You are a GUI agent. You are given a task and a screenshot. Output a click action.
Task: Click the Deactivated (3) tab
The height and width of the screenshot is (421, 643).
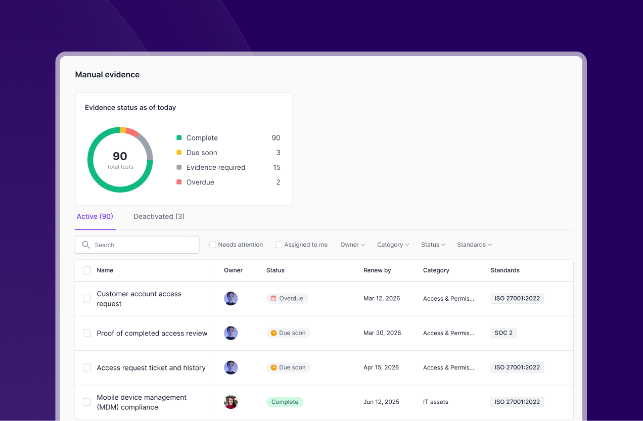click(159, 216)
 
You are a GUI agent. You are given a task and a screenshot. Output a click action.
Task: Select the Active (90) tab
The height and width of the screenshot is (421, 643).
click(95, 216)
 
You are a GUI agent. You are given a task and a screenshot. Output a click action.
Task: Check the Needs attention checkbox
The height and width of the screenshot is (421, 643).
click(212, 245)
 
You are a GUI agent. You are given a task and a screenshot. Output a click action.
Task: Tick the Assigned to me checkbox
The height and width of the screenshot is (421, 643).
click(279, 245)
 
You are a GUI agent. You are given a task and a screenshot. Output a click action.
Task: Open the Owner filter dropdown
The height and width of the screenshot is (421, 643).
click(352, 245)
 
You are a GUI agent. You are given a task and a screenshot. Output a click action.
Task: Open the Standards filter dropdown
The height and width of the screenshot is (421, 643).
click(474, 245)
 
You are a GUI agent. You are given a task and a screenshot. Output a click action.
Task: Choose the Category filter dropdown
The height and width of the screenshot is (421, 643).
click(393, 245)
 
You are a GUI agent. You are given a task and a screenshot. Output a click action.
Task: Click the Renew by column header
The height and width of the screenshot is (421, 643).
click(377, 270)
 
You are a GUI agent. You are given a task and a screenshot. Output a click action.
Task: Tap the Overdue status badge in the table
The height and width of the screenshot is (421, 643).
click(287, 299)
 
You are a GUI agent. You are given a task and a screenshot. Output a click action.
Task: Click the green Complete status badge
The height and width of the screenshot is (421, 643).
click(285, 402)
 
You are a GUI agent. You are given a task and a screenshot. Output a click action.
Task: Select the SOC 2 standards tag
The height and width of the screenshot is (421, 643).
click(503, 333)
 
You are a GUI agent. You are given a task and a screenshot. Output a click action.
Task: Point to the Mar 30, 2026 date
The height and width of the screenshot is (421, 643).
click(382, 333)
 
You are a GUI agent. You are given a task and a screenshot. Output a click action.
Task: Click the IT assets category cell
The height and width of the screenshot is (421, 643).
click(435, 402)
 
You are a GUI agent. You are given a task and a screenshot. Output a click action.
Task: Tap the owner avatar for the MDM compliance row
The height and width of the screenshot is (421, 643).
click(231, 402)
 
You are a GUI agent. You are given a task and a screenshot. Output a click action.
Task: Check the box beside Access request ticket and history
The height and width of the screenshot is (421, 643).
click(86, 367)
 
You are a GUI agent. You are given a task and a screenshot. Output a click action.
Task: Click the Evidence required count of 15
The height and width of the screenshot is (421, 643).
click(277, 167)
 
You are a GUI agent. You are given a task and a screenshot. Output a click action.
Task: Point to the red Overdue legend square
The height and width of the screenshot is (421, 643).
click(179, 182)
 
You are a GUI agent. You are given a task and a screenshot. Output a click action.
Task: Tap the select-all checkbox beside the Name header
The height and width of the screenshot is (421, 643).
click(86, 270)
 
